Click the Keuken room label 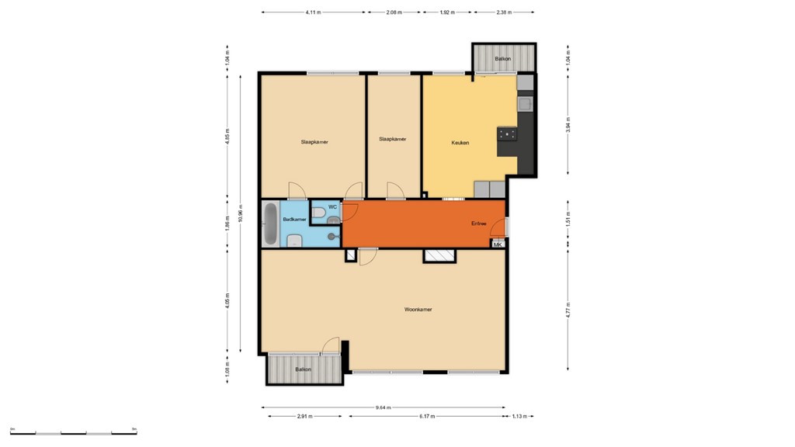pyautogui.click(x=460, y=143)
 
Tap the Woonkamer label pyautogui.click(x=418, y=310)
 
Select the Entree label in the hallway pyautogui.click(x=479, y=223)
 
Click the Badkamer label pyautogui.click(x=294, y=220)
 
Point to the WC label pyautogui.click(x=332, y=207)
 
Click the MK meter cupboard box pyautogui.click(x=498, y=244)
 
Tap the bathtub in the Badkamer pyautogui.click(x=270, y=223)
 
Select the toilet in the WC pyautogui.click(x=320, y=212)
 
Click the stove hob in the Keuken pyautogui.click(x=508, y=134)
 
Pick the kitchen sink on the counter pyautogui.click(x=526, y=102)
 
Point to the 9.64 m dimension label pyautogui.click(x=383, y=407)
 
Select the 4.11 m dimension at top pyautogui.click(x=314, y=12)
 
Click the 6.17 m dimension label pyautogui.click(x=425, y=417)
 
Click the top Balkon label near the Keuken pyautogui.click(x=503, y=59)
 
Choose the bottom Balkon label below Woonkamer pyautogui.click(x=303, y=369)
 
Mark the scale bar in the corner pyautogui.click(x=73, y=432)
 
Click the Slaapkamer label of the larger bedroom pyautogui.click(x=314, y=142)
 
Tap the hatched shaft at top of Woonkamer pyautogui.click(x=439, y=255)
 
